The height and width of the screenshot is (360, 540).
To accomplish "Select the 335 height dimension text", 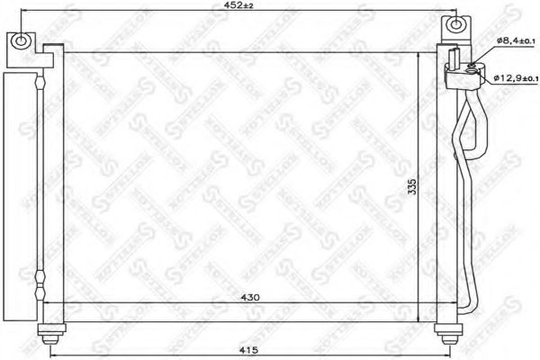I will [x=410, y=185].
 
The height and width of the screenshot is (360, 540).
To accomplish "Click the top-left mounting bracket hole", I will [x=20, y=40].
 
